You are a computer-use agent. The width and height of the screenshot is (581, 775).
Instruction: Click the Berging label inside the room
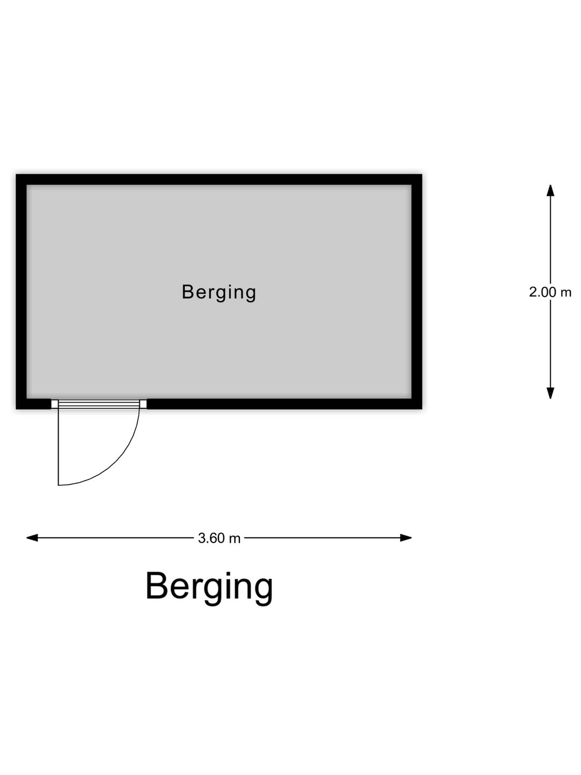219,292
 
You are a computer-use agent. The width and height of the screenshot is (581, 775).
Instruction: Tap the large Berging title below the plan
209,587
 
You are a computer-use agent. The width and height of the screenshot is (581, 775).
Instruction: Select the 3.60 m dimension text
219,538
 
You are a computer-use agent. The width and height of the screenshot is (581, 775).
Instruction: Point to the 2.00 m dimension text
550,292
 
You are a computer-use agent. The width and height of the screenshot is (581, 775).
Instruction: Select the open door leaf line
58,447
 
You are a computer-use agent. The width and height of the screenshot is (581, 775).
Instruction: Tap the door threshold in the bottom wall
98,404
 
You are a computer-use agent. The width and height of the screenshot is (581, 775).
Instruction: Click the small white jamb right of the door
143,404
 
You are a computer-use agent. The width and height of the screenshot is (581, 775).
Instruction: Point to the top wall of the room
219,180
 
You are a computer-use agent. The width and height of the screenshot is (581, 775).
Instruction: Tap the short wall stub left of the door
34,404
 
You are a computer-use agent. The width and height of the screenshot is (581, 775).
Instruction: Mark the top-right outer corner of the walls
421,175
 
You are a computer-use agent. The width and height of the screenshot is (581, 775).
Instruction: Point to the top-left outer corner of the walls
17,175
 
